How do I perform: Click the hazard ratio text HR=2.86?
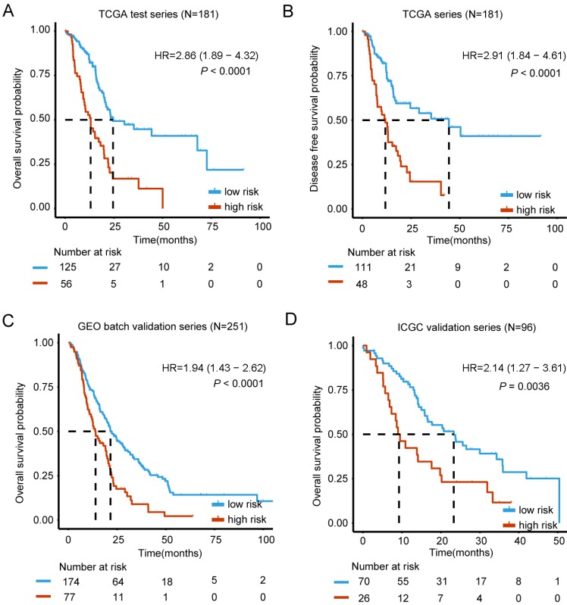[x=210, y=55]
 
